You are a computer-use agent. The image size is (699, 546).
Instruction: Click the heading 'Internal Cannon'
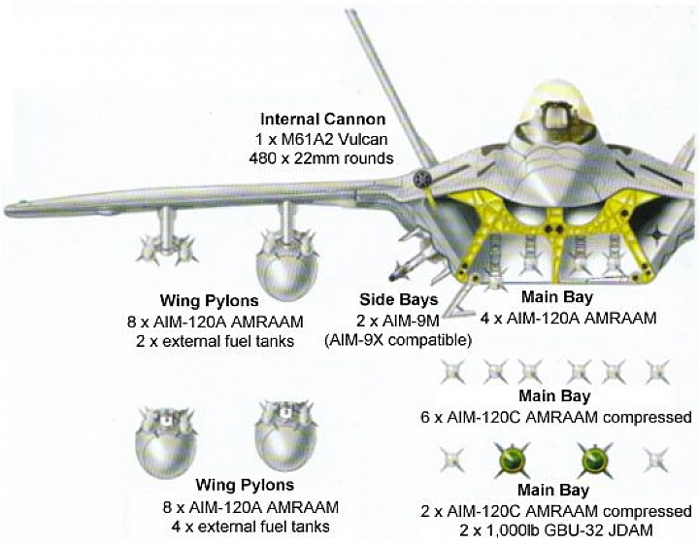[322, 119]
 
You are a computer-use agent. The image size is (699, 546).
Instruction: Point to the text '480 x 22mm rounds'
[321, 158]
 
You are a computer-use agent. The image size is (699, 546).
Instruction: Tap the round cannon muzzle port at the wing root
[420, 179]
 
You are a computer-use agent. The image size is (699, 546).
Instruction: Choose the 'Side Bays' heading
[399, 300]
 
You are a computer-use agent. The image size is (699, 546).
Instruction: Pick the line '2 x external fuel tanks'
[216, 342]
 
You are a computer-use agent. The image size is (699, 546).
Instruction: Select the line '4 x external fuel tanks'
[250, 527]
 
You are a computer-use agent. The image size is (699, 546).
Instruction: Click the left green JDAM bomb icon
[513, 460]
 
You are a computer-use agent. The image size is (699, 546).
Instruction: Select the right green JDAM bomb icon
[594, 460]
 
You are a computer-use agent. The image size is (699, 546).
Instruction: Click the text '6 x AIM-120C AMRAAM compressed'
[556, 418]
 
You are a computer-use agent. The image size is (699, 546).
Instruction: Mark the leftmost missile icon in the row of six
[452, 371]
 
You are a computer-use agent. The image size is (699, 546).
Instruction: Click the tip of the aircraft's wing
[6, 209]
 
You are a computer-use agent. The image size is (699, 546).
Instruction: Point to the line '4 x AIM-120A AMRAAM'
[568, 319]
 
